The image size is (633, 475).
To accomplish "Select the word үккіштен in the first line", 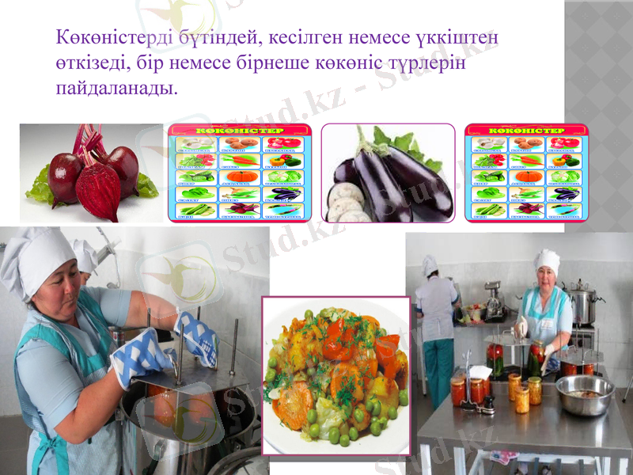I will point(457,37).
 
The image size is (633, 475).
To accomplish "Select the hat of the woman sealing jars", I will point(546,259).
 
